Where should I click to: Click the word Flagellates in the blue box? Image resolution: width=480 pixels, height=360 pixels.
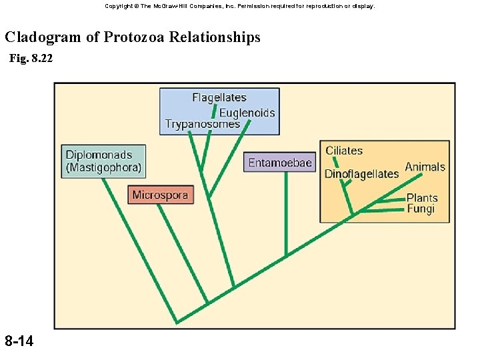pyautogui.click(x=219, y=98)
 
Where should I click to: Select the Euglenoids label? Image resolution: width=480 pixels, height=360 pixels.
pyautogui.click(x=247, y=113)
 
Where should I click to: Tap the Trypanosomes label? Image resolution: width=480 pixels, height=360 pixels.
pyautogui.click(x=202, y=125)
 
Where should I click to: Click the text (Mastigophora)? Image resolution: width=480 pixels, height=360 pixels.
pyautogui.click(x=103, y=168)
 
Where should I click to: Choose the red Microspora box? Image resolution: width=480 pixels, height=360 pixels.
pyautogui.click(x=161, y=195)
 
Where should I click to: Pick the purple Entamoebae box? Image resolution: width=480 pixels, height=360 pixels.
pyautogui.click(x=280, y=163)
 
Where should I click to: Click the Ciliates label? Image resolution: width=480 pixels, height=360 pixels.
pyautogui.click(x=344, y=151)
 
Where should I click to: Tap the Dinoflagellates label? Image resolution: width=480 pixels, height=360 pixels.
pyautogui.click(x=361, y=174)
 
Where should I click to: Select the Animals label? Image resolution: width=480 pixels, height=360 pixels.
pyautogui.click(x=425, y=167)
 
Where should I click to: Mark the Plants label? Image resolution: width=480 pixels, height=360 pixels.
pyautogui.click(x=422, y=198)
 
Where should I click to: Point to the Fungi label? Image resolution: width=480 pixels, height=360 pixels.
pyautogui.click(x=421, y=209)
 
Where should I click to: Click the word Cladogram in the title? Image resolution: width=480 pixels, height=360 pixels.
pyautogui.click(x=43, y=37)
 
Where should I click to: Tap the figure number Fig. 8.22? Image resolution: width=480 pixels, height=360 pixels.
pyautogui.click(x=31, y=59)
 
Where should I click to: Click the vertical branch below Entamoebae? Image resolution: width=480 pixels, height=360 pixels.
pyautogui.click(x=286, y=213)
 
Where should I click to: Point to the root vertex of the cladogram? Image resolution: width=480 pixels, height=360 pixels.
pyautogui.click(x=177, y=323)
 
